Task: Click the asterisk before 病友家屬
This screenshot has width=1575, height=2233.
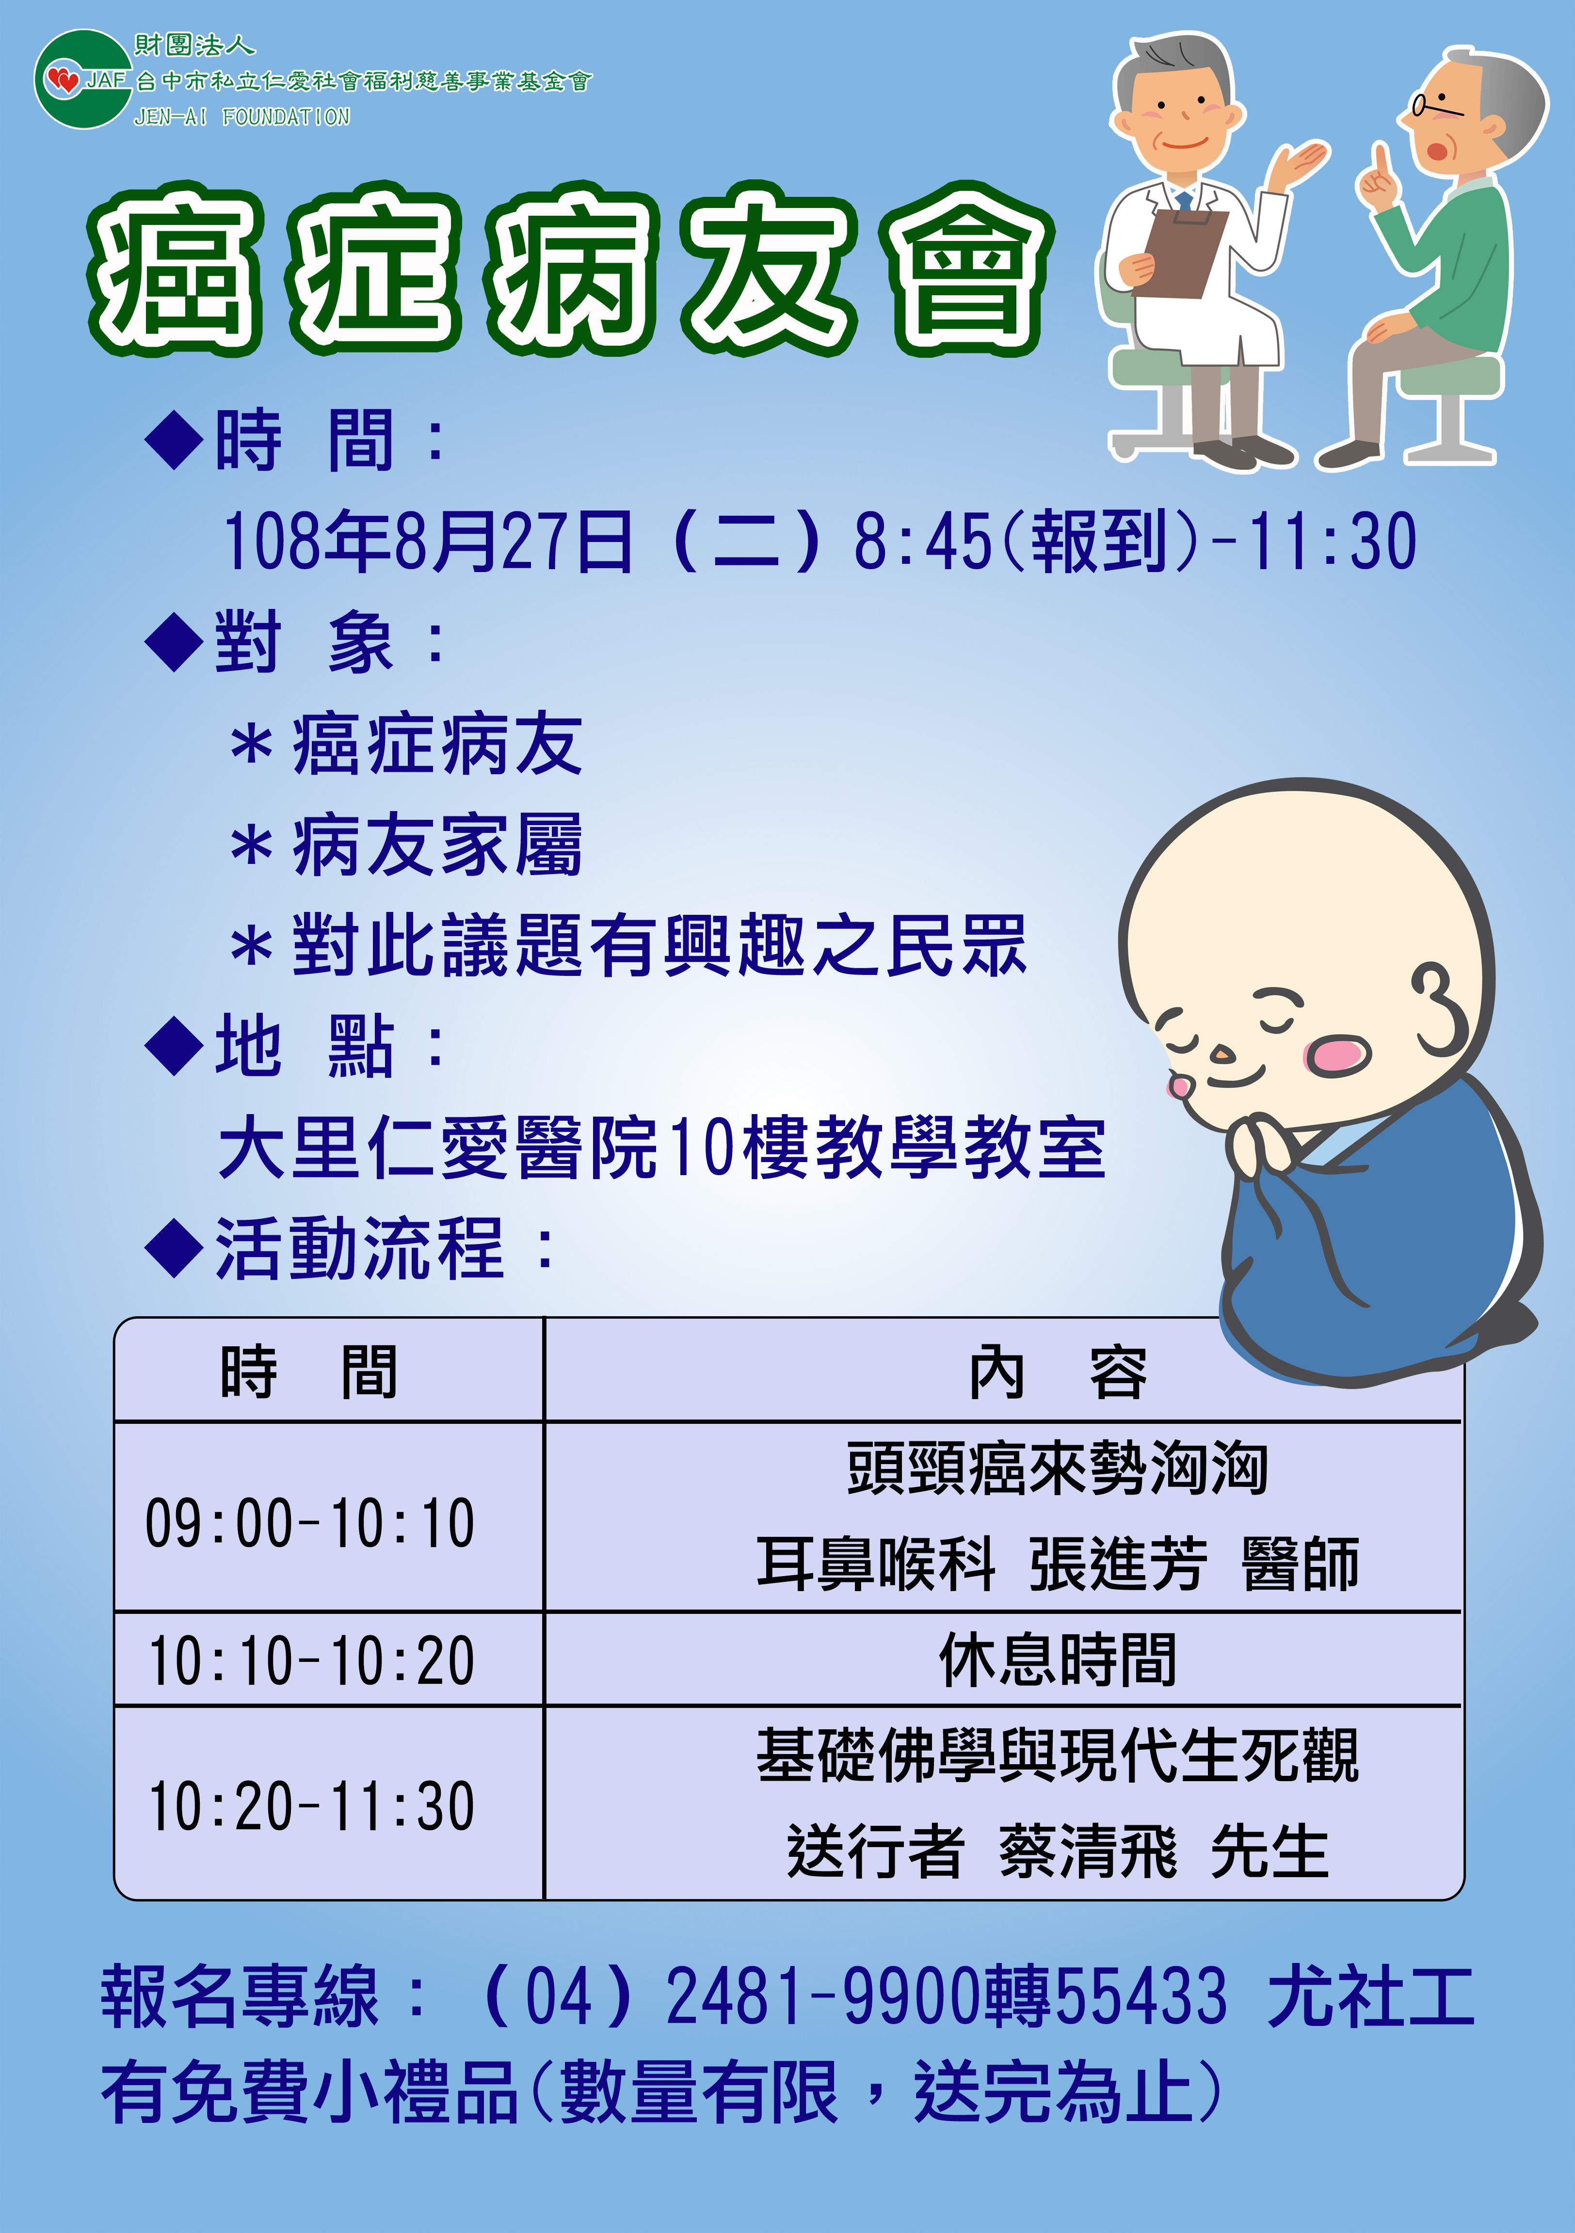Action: tap(251, 846)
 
